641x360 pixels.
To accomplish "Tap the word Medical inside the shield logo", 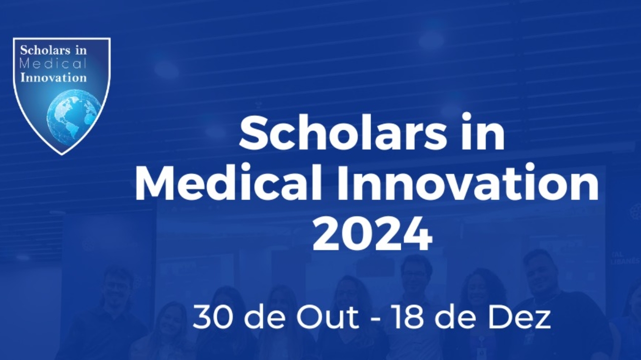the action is (53, 64).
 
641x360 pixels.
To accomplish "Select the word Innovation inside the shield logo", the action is (54, 77).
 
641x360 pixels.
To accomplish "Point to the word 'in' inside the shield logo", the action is (81, 50).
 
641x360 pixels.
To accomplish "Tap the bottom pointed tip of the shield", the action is (62, 154).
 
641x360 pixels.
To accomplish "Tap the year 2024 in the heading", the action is (372, 234).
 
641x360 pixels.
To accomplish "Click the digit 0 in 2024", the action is (357, 234).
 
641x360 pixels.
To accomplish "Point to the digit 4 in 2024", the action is (417, 234).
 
